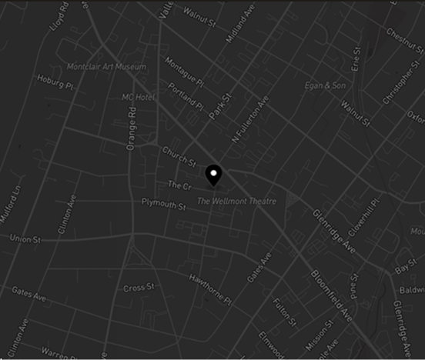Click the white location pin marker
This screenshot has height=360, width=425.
[215, 175]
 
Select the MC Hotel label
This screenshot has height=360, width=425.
[139, 98]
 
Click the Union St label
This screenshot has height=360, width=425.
[25, 240]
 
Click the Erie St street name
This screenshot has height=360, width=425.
[356, 59]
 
